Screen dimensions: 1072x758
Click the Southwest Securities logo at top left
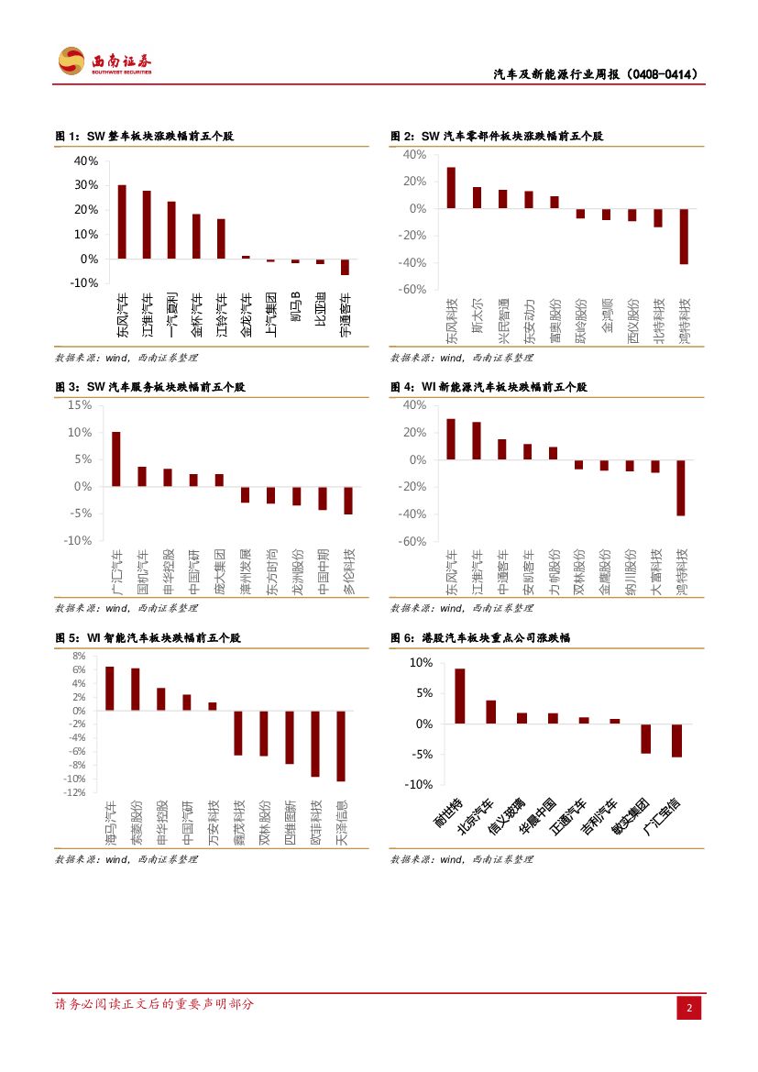tap(104, 61)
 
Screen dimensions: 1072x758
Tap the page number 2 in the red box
tap(689, 1009)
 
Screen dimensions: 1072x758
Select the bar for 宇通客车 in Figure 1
tap(345, 267)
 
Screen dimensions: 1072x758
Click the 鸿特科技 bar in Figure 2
tap(684, 237)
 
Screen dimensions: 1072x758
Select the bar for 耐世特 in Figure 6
tap(460, 696)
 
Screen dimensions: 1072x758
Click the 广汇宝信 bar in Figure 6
tap(676, 740)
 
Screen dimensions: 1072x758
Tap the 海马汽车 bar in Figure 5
tap(110, 688)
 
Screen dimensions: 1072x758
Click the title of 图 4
tap(489, 388)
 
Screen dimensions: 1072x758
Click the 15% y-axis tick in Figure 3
tap(80, 404)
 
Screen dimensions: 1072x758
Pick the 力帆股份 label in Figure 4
tap(554, 572)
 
